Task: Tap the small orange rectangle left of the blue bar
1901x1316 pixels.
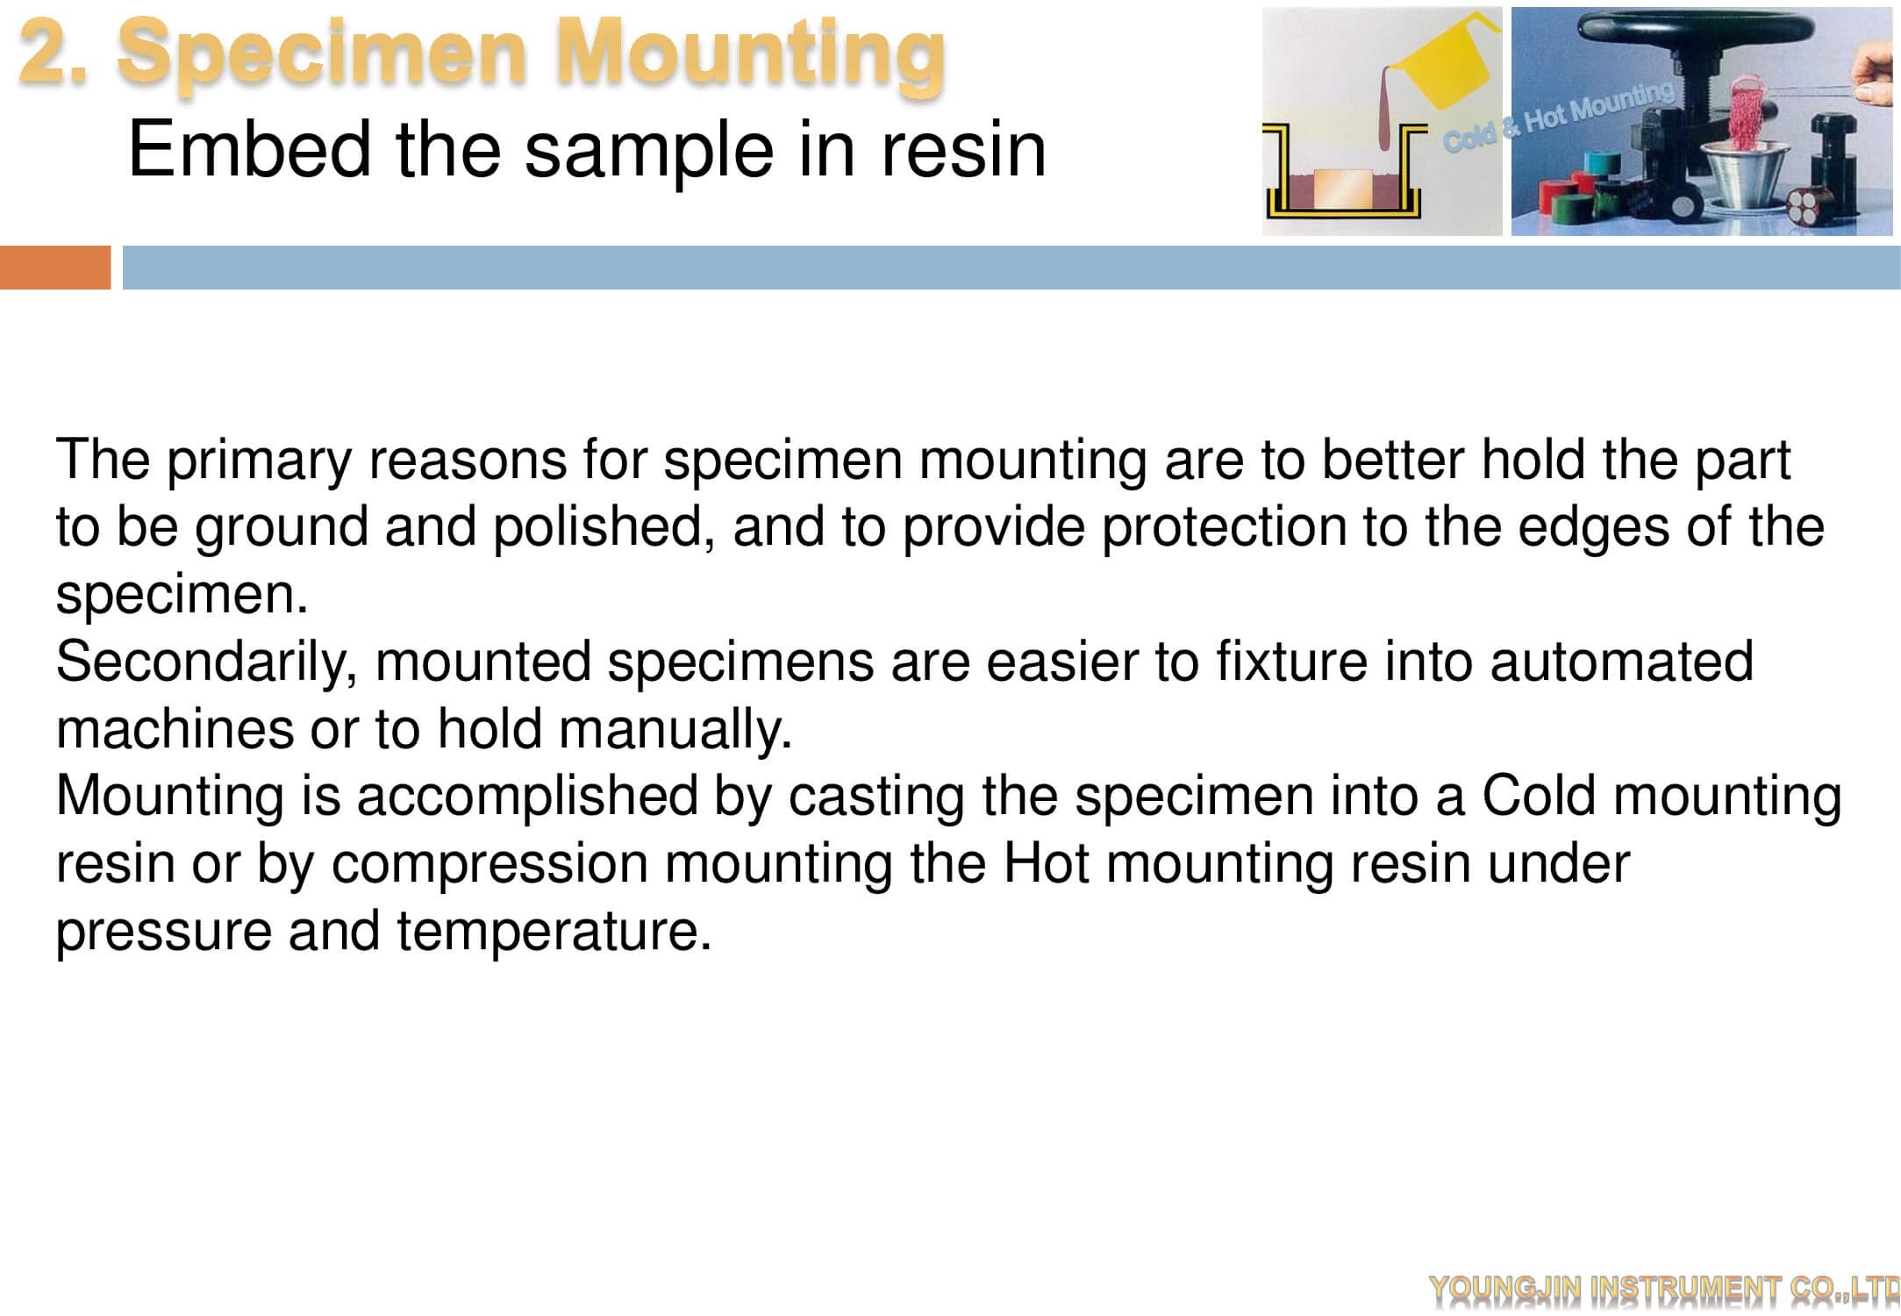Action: (55, 268)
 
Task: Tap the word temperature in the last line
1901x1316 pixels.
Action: (554, 933)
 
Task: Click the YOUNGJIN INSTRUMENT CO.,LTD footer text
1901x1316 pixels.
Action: (1664, 1288)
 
